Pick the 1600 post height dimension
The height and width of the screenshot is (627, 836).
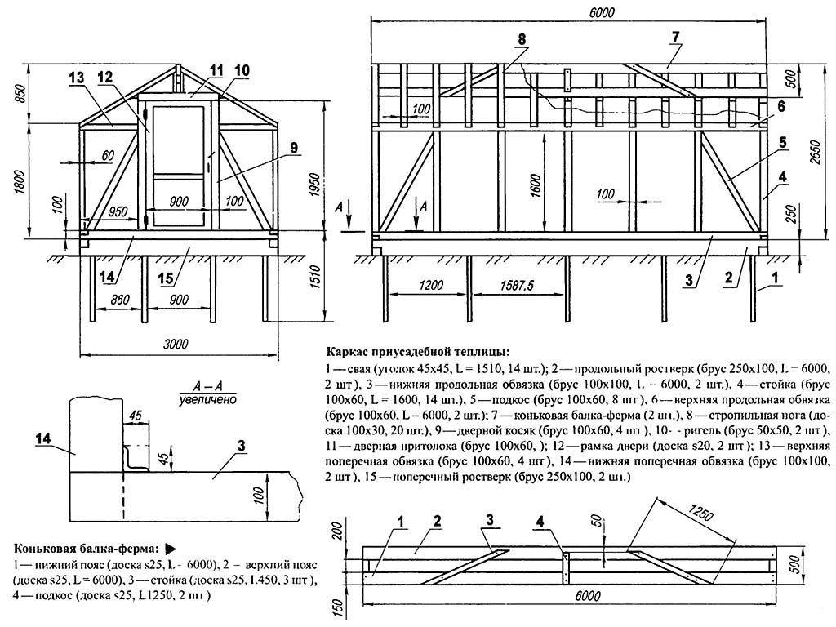pyautogui.click(x=531, y=177)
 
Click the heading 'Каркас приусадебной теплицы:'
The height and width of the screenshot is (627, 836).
pyautogui.click(x=416, y=351)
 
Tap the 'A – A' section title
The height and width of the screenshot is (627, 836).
pyautogui.click(x=203, y=387)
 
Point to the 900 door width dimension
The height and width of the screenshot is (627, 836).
pyautogui.click(x=180, y=201)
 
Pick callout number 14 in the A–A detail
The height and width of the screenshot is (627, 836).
pyautogui.click(x=44, y=439)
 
